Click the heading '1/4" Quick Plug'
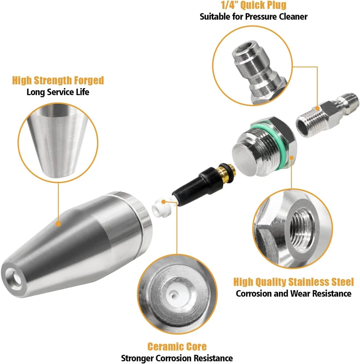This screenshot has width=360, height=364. (x=253, y=5)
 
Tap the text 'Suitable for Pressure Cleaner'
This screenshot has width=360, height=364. (x=253, y=17)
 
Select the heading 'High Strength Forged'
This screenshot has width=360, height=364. (x=58, y=80)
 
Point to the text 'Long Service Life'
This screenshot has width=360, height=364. (x=58, y=92)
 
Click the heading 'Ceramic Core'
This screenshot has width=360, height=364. (x=177, y=347)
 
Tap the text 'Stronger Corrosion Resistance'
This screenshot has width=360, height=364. (x=177, y=358)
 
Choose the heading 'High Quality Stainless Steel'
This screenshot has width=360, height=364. (x=293, y=282)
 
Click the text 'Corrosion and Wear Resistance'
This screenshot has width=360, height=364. (x=293, y=293)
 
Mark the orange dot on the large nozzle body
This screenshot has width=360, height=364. (x=58, y=224)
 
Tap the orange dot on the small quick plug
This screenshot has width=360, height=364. (x=317, y=108)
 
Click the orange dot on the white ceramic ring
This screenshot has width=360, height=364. (x=163, y=202)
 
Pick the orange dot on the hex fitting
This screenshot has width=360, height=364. (x=292, y=158)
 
